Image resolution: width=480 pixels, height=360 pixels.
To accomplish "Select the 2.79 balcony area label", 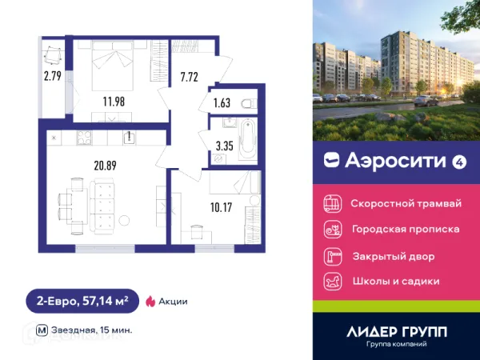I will (53, 77).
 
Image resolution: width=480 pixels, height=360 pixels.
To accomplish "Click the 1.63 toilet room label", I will (222, 102).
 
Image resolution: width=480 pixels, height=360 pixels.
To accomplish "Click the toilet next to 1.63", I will (246, 102).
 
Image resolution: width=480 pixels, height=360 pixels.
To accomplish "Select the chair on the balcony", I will (54, 55).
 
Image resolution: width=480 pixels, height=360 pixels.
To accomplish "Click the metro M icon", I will (42, 330).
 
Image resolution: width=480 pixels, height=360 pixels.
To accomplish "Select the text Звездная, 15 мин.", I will (94, 330).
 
